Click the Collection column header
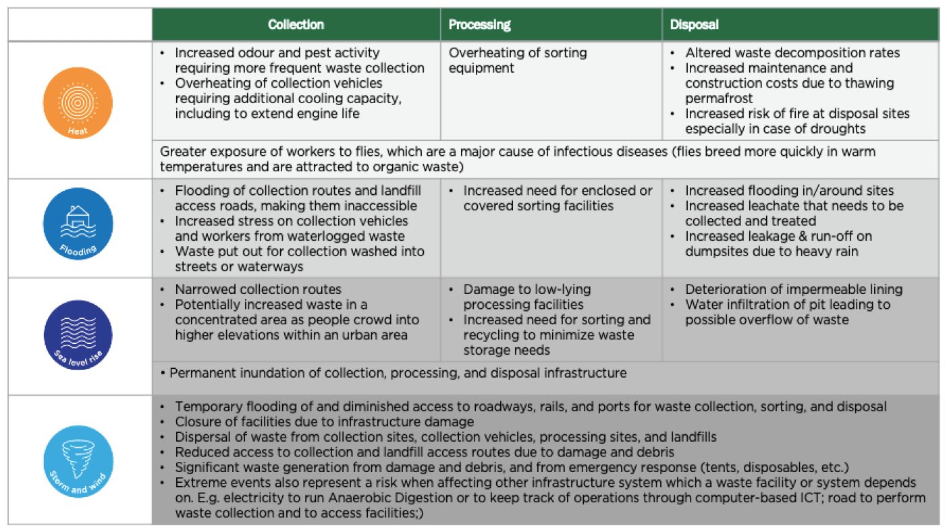click(x=296, y=25)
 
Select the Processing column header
click(x=479, y=25)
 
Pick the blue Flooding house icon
click(x=78, y=223)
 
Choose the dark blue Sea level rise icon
click(x=78, y=335)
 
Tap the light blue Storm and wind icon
click(x=78, y=461)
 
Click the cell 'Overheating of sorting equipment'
click(x=518, y=60)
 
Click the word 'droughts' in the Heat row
click(x=840, y=129)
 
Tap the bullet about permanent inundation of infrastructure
click(x=398, y=373)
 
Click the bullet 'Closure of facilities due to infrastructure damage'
click(x=324, y=421)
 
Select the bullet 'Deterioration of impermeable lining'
click(x=793, y=289)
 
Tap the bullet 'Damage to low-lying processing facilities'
click(x=526, y=297)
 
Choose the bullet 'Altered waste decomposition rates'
click(x=792, y=53)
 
